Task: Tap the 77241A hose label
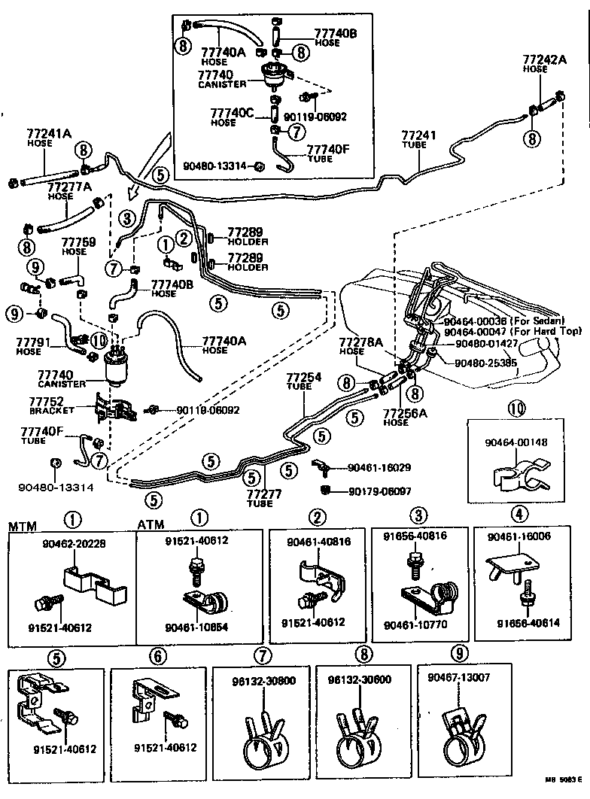point(49,136)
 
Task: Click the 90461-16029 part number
point(379,467)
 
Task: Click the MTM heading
point(22,524)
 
